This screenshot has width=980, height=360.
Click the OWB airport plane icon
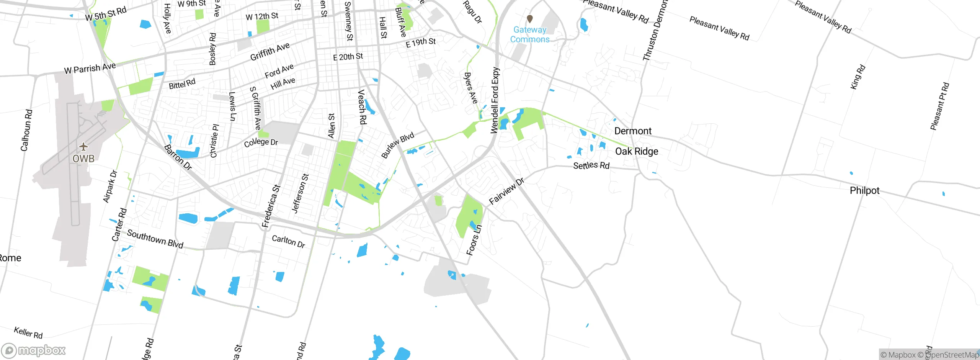tap(83, 147)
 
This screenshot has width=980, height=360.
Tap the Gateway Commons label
tap(530, 34)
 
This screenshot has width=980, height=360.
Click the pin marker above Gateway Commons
tap(530, 18)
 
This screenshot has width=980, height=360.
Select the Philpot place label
tap(864, 190)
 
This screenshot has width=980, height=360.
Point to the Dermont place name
tap(633, 131)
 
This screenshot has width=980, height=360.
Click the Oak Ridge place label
tap(637, 151)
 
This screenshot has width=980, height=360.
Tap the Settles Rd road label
tap(591, 165)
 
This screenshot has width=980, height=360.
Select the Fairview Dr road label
tap(506, 191)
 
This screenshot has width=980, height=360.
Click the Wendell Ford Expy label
tap(495, 100)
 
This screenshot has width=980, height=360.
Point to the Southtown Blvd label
tap(155, 239)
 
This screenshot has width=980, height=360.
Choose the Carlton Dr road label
tap(288, 241)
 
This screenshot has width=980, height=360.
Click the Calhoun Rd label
tap(26, 130)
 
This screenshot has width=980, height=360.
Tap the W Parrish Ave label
tap(90, 68)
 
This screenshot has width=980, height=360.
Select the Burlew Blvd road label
tap(397, 145)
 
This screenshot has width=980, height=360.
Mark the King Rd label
tap(857, 77)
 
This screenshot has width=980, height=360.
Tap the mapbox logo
tap(34, 350)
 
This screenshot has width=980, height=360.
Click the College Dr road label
tap(261, 142)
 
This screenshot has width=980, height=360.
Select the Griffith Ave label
tap(270, 52)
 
